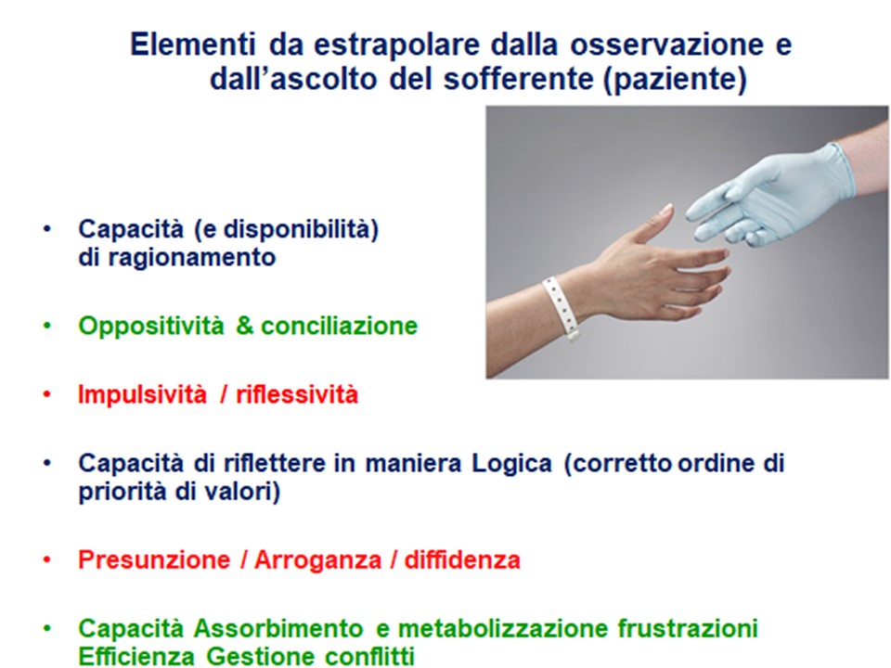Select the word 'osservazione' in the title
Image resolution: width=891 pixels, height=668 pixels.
click(666, 45)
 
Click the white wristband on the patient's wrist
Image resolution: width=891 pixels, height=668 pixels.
click(561, 308)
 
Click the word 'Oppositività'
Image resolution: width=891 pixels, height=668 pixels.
click(151, 327)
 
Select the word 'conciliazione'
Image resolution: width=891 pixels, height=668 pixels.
click(340, 326)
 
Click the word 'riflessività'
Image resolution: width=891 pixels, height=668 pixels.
click(297, 394)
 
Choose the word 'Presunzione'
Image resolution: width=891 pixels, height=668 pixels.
click(154, 560)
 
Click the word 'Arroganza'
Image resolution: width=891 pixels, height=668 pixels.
click(317, 560)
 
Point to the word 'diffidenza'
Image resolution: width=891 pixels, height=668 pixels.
click(462, 560)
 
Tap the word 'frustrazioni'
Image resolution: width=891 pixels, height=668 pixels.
click(688, 629)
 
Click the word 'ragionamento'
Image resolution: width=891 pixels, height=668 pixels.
click(191, 258)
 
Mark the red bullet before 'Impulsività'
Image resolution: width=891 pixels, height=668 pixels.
click(47, 394)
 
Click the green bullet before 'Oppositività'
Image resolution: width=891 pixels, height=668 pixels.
click(47, 326)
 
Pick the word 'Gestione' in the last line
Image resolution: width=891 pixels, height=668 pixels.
click(261, 656)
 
